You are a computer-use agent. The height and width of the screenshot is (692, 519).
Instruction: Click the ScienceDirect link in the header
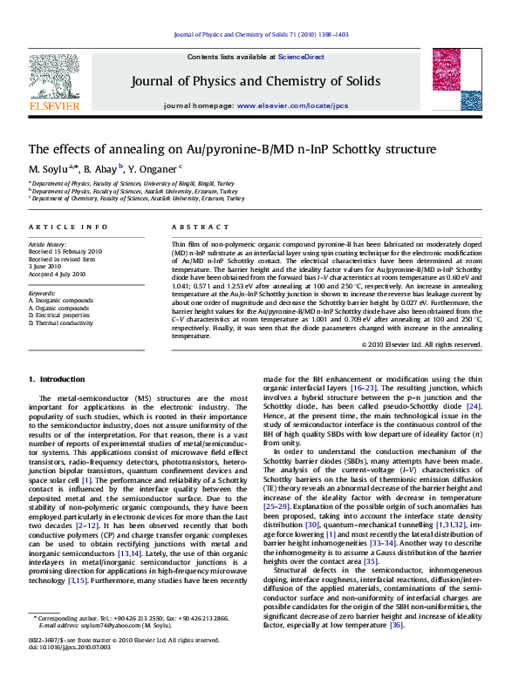click(301, 57)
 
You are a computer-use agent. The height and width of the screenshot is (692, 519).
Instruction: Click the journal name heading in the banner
click(256, 82)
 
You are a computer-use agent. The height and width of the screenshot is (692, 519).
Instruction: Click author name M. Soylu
click(48, 167)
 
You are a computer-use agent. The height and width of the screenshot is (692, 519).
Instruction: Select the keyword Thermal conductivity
click(65, 322)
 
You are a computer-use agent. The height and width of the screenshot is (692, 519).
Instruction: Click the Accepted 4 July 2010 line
click(58, 274)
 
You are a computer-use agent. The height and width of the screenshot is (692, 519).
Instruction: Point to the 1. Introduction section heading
click(58, 379)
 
